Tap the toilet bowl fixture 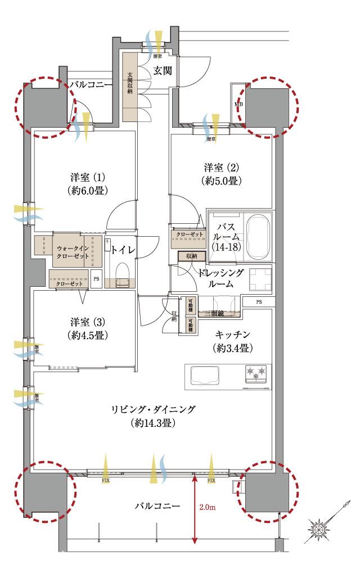coord(123,274)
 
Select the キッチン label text coord(231,334)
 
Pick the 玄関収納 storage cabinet coord(130,87)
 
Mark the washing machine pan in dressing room coord(259,278)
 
